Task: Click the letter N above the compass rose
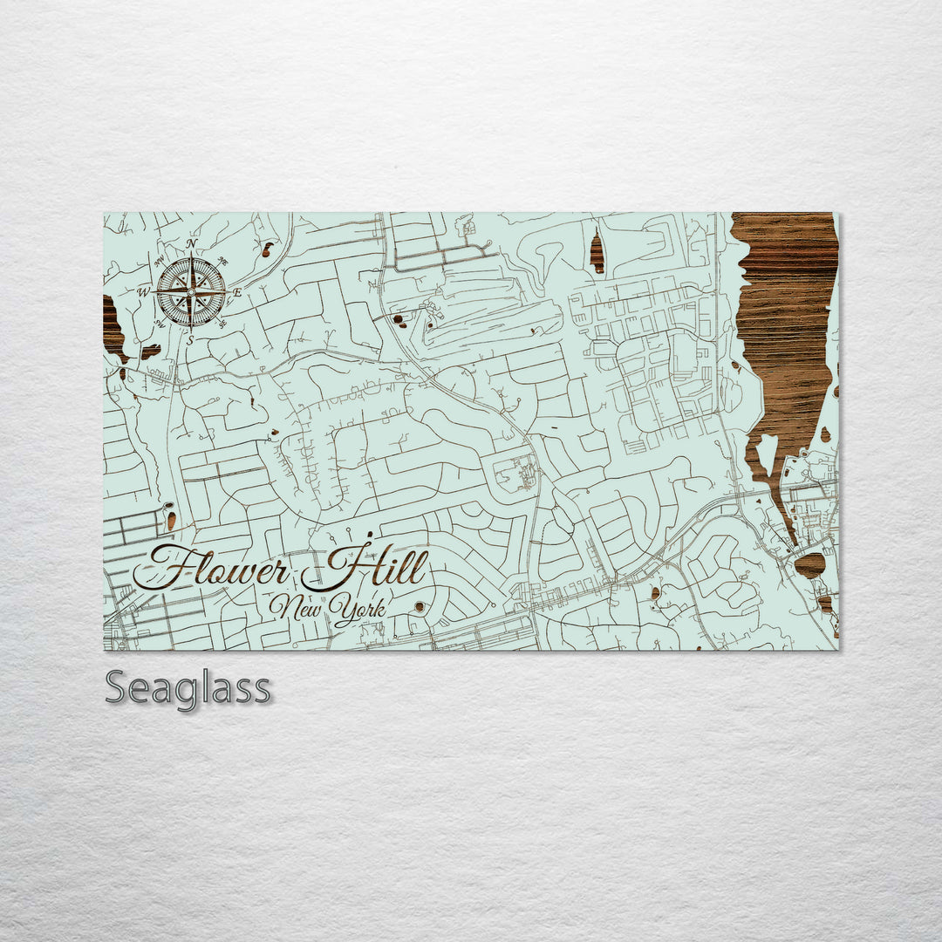pos(192,244)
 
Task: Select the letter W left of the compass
pos(144,292)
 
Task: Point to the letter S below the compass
pos(190,340)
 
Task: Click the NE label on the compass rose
pos(223,260)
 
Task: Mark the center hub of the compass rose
pos(191,291)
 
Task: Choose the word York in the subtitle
pos(359,611)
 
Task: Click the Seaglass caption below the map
pos(188,688)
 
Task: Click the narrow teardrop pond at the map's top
pos(597,253)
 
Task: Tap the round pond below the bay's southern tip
pos(809,565)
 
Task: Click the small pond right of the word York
pos(420,606)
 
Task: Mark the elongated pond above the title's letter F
pos(171,521)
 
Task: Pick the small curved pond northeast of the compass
pos(266,250)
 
